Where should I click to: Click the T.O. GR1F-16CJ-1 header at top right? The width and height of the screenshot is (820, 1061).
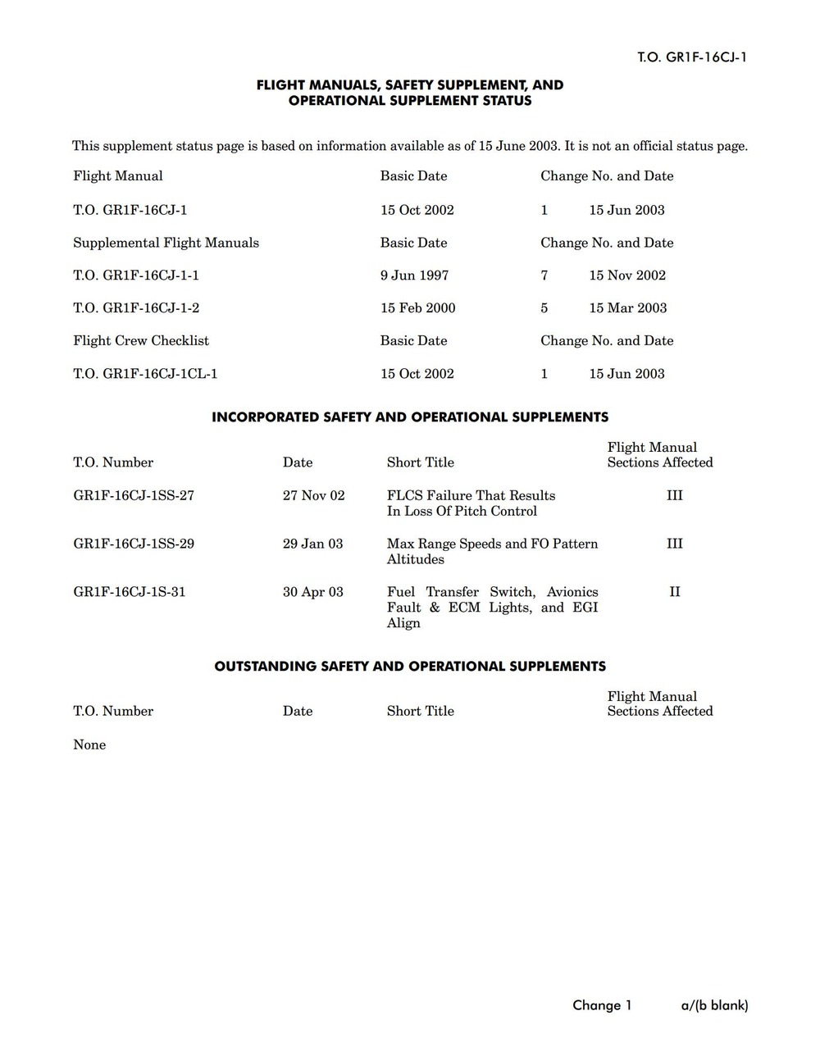point(692,57)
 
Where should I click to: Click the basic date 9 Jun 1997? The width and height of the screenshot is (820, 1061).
point(414,275)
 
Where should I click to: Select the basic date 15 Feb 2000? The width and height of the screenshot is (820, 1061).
point(417,308)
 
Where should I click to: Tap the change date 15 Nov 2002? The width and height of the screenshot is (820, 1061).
point(627,275)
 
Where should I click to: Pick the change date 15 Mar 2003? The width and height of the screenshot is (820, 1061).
point(627,308)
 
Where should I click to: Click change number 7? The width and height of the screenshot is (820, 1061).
point(544,275)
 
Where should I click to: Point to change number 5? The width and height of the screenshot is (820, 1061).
point(544,308)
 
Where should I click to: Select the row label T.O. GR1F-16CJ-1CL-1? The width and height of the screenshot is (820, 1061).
point(145,374)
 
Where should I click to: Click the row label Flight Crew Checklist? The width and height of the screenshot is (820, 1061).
point(141,341)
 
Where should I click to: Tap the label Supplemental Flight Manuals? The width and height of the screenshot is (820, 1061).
point(166,243)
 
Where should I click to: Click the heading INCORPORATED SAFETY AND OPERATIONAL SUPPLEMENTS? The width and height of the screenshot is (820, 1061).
point(410,417)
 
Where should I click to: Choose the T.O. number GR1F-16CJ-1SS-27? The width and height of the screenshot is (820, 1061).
point(134,495)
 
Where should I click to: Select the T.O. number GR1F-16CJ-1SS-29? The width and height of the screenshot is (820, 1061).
point(134,544)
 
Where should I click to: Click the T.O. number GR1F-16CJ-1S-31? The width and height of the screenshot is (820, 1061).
point(130,592)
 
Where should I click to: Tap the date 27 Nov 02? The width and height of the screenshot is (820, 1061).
point(313,495)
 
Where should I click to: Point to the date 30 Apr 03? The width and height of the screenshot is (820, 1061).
point(313,592)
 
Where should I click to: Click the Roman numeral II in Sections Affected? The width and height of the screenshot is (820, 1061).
point(675,592)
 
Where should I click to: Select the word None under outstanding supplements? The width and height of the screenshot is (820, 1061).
point(89,745)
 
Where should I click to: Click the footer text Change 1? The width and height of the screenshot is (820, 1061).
point(602,1005)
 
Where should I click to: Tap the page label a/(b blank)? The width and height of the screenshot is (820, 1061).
point(714,1005)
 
